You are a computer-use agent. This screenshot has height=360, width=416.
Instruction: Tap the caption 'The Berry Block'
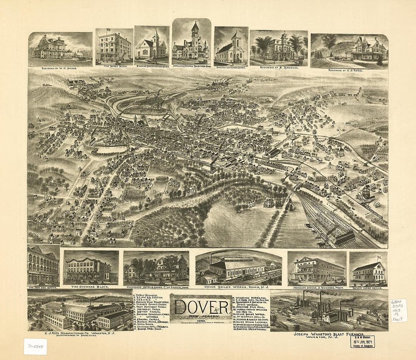[x=114, y=66]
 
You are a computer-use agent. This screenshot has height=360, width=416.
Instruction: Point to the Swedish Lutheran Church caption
[x=231, y=67]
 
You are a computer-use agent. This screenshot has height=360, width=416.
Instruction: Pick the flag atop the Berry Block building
[x=109, y=30]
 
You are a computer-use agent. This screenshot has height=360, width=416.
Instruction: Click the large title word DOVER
[x=201, y=307]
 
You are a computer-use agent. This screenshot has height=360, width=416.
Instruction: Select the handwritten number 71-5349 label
[x=35, y=346]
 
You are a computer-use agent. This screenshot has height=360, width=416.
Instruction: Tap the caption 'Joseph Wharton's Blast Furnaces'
[x=329, y=335]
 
